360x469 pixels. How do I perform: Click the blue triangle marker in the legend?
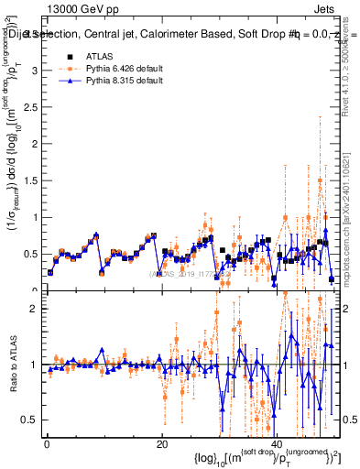70,82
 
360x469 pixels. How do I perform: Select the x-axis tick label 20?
161,445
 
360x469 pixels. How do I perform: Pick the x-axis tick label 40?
277,445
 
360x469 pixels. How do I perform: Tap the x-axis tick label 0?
47,445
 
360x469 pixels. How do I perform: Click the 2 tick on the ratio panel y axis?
34,309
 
